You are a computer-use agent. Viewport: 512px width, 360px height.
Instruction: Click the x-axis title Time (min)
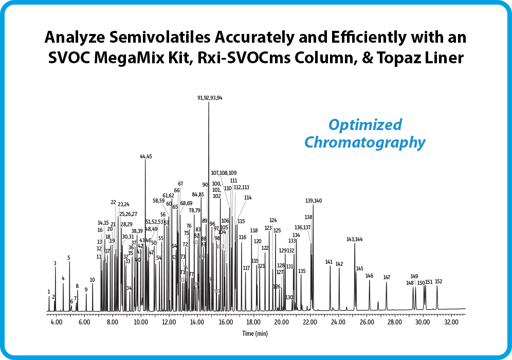[255, 334]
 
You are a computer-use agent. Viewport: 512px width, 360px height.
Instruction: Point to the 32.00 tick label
[451, 322]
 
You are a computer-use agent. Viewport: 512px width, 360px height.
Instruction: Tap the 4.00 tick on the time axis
[57, 322]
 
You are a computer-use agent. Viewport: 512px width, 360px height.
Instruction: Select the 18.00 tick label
[254, 322]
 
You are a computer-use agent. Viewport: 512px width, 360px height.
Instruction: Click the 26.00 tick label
[367, 322]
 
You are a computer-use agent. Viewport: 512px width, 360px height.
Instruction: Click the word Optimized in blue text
[365, 125]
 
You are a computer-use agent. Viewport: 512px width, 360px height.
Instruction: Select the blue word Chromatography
[365, 142]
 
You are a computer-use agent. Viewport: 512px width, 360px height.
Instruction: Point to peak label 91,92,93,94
[210, 97]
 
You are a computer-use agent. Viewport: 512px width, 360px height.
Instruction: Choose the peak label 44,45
[146, 156]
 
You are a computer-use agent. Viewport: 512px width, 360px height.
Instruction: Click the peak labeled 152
[438, 281]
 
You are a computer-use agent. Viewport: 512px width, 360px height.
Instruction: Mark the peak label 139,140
[314, 201]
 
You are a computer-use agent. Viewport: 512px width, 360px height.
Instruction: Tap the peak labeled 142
[339, 264]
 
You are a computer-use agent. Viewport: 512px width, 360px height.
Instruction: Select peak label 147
[387, 278]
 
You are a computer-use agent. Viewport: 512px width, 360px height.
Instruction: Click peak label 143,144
[354, 239]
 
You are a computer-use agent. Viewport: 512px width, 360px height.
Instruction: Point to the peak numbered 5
[68, 258]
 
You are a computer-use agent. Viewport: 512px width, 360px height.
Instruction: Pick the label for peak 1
[49, 292]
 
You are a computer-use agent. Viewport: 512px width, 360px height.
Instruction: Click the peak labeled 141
[329, 262]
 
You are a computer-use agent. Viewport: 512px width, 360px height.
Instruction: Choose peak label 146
[369, 276]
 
